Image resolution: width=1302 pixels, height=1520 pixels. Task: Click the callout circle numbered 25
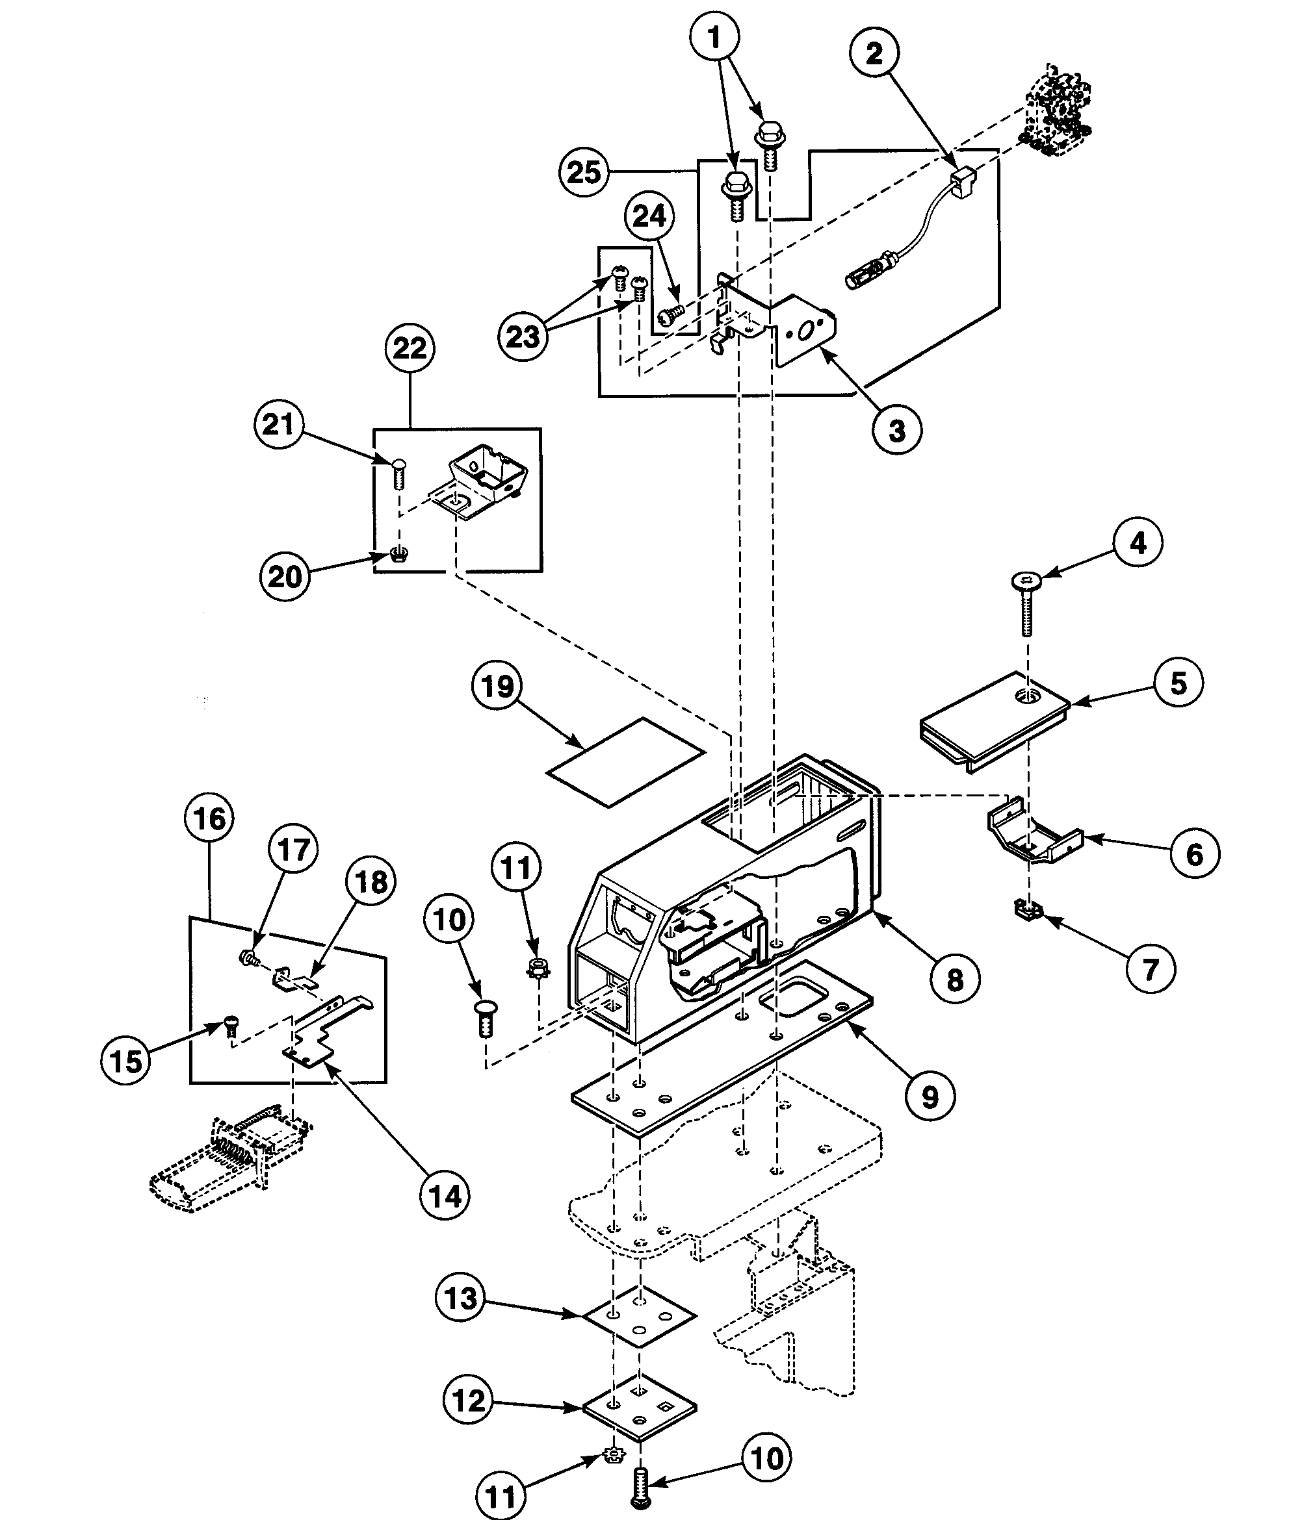(584, 172)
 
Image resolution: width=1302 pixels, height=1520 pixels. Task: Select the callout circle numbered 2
(874, 53)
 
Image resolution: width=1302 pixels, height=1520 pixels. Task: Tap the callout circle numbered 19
(497, 686)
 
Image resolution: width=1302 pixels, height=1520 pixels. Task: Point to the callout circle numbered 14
(445, 1196)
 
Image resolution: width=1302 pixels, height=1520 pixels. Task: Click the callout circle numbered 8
(954, 979)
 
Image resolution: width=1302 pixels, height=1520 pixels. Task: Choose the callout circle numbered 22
(410, 348)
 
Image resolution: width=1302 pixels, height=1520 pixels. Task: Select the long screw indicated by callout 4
(1026, 605)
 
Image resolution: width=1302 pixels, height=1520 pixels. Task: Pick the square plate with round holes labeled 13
(639, 1317)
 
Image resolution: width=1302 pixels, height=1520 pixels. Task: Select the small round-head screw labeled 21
(398, 472)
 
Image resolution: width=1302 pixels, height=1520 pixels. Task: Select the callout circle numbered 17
(294, 850)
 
